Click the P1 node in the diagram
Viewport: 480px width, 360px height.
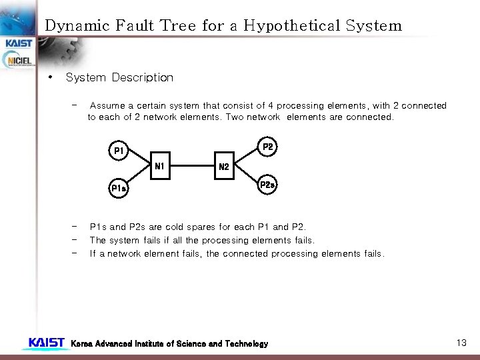tap(119, 151)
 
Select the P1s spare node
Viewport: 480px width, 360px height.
tap(119, 189)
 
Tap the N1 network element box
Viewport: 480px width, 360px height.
tap(160, 166)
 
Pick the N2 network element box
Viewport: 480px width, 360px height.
tap(224, 167)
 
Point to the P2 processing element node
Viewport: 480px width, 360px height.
tap(267, 147)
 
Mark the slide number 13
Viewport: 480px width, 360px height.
tap(461, 343)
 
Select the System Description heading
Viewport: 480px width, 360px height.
tap(119, 77)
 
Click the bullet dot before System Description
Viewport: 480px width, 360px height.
tap(49, 77)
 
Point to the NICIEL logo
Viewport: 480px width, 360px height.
tap(19, 61)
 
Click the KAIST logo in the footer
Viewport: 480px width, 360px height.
tap(46, 343)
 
